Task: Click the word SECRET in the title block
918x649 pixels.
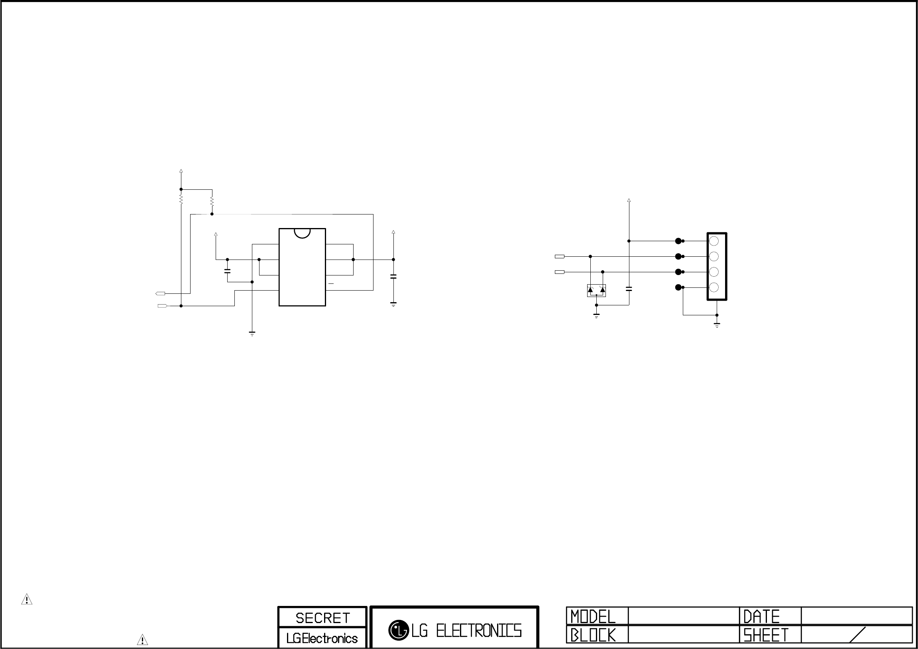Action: coord(322,618)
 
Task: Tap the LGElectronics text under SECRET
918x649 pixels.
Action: coord(322,638)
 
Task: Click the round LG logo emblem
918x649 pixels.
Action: coord(399,630)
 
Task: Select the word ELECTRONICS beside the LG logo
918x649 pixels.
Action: coord(479,631)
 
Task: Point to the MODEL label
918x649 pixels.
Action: coord(593,617)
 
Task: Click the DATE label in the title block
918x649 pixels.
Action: coord(761,617)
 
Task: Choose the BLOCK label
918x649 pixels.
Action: coord(593,635)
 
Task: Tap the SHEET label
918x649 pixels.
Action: coord(766,635)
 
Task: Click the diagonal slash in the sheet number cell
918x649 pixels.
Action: coord(857,635)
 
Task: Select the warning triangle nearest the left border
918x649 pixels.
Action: coord(27,600)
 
